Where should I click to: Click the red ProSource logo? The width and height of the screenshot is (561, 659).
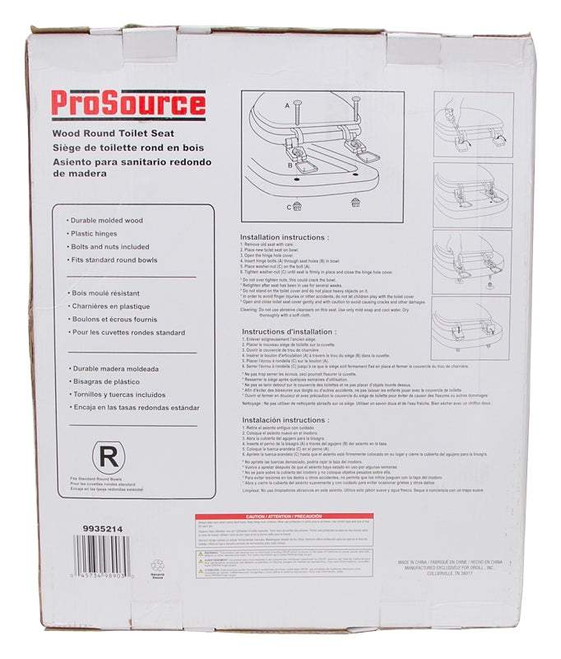[128, 105]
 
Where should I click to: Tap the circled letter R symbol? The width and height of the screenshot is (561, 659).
[105, 456]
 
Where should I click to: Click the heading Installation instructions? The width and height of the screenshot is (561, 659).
[284, 238]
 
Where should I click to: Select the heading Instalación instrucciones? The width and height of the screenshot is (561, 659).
[284, 419]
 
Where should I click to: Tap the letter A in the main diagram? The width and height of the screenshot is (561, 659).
[287, 106]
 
